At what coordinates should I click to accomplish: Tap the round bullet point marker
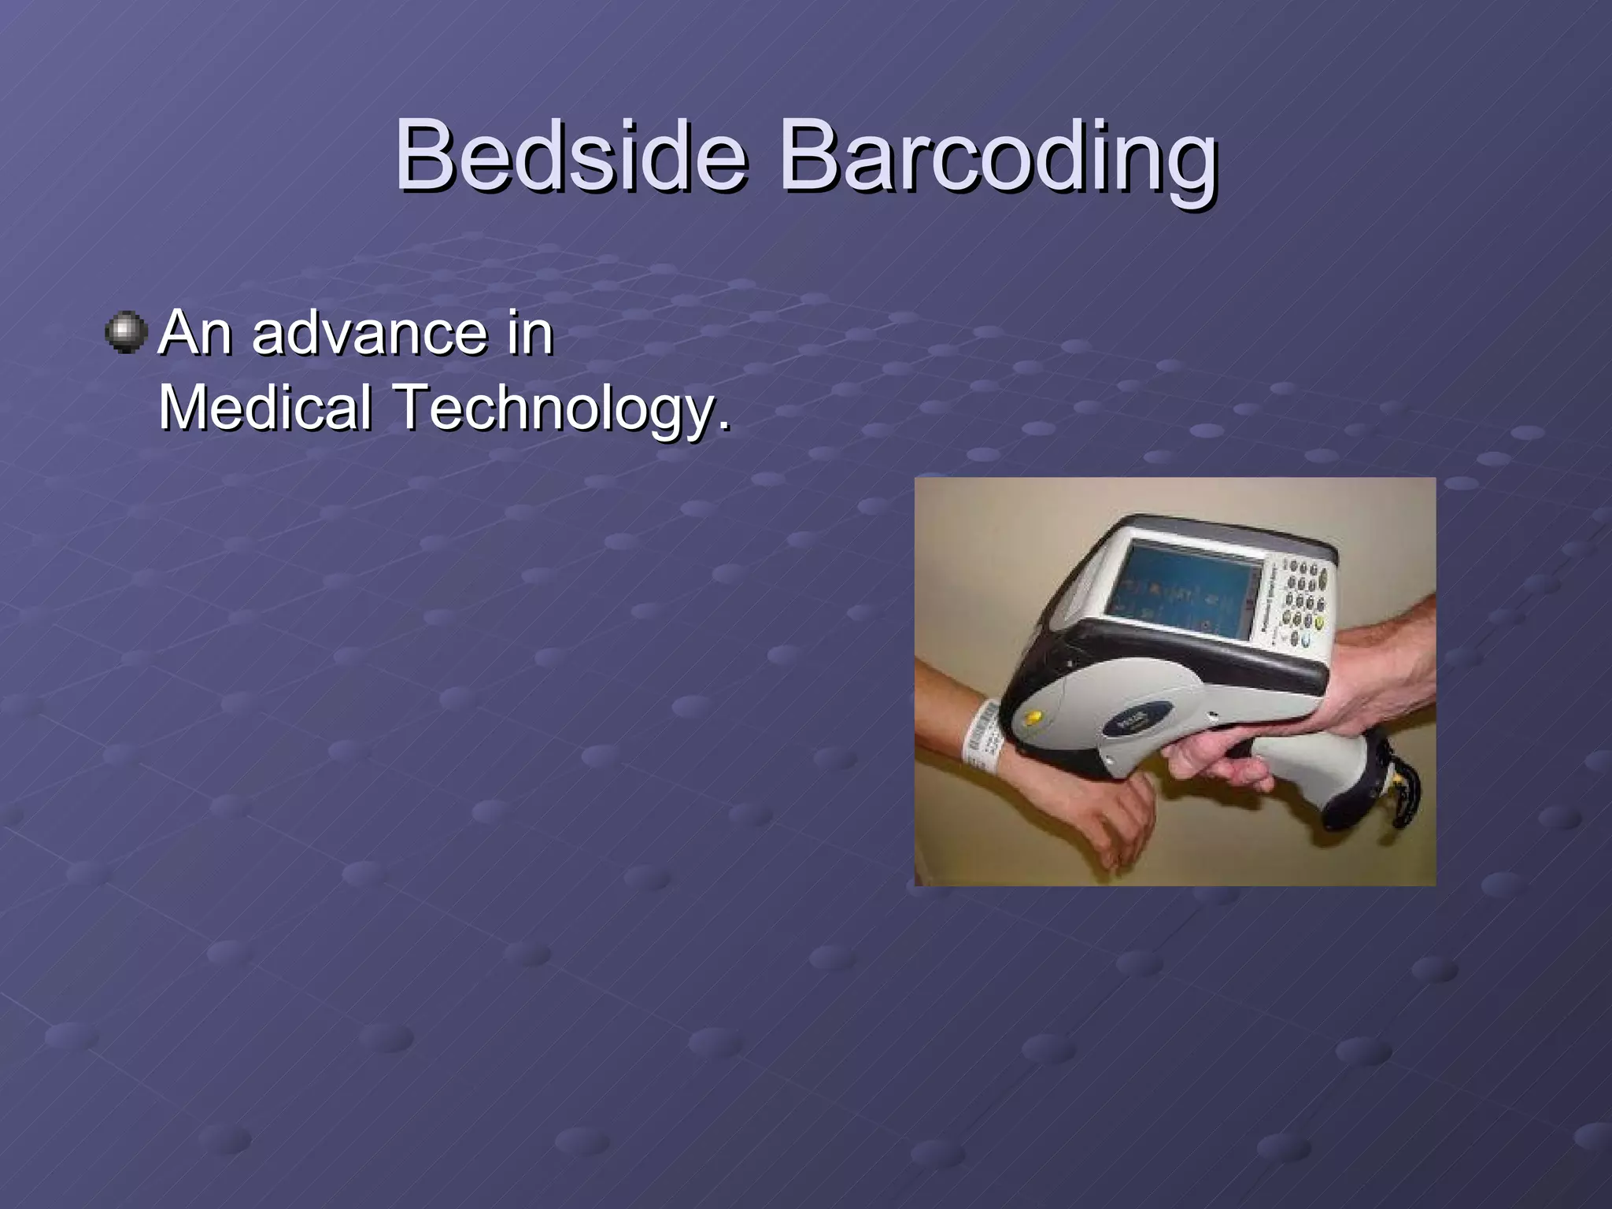[x=126, y=333]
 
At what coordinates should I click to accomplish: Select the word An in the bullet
[x=195, y=333]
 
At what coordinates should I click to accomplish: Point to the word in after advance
[x=531, y=333]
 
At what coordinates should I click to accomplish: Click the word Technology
[x=555, y=407]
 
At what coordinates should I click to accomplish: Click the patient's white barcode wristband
[x=981, y=732]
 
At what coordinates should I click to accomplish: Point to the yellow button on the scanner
[x=1033, y=717]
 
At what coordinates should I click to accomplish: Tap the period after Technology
[x=723, y=425]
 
